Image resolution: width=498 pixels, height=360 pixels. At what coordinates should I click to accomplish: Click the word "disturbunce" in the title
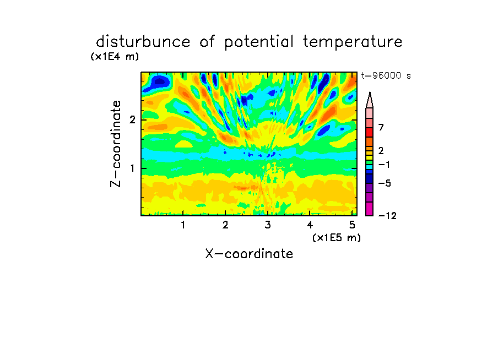pyautogui.click(x=143, y=42)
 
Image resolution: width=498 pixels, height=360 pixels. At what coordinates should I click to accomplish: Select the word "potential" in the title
pyautogui.click(x=259, y=42)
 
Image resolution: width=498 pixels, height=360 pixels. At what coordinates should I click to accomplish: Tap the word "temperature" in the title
pyautogui.click(x=353, y=42)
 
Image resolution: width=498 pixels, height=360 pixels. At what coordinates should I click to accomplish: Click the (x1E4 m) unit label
pyautogui.click(x=115, y=57)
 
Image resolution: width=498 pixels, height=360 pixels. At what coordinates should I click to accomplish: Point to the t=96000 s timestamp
pyautogui.click(x=386, y=75)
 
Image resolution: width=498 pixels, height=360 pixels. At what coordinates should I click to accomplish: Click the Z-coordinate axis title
pyautogui.click(x=116, y=144)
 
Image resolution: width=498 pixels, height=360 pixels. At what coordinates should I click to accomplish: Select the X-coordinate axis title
pyautogui.click(x=249, y=254)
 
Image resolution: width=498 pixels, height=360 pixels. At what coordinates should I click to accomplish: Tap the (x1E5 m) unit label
pyautogui.click(x=337, y=237)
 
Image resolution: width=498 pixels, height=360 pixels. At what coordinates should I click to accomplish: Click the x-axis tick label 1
pyautogui.click(x=183, y=225)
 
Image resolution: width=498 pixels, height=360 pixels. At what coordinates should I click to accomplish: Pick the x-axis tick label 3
pyautogui.click(x=268, y=225)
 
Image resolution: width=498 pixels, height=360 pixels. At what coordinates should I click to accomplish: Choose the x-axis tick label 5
pyautogui.click(x=352, y=225)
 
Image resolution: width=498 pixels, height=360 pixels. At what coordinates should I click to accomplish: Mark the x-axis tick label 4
pyautogui.click(x=310, y=225)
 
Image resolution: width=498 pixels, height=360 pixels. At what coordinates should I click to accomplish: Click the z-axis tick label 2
pyautogui.click(x=132, y=119)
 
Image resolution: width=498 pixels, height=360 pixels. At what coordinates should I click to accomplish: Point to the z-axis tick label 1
pyautogui.click(x=132, y=168)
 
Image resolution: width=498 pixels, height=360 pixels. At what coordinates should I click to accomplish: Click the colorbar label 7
pyautogui.click(x=381, y=127)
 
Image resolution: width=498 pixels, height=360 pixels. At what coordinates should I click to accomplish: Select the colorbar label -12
pyautogui.click(x=387, y=216)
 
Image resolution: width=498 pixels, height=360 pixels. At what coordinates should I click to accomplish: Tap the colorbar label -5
pyautogui.click(x=385, y=183)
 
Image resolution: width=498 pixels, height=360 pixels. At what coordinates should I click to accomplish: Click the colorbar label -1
pyautogui.click(x=384, y=165)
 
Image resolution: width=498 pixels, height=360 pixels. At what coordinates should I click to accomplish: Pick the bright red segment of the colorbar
pyautogui.click(x=370, y=132)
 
